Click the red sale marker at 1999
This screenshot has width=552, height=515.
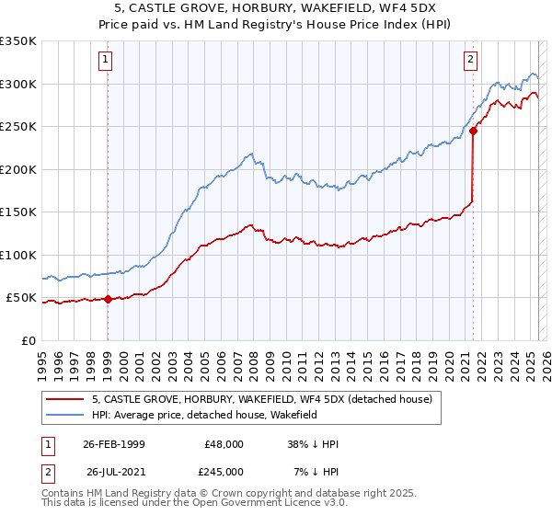108,299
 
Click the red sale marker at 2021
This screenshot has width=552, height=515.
473,131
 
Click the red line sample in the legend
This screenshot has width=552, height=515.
66,399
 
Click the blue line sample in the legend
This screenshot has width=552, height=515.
66,416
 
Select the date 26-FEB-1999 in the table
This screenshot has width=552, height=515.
113,444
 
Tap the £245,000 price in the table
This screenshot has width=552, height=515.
224,472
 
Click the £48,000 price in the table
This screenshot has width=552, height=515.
224,444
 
